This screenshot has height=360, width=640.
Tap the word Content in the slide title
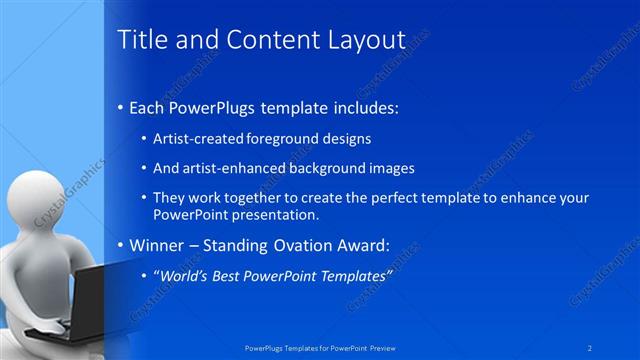[x=262, y=40]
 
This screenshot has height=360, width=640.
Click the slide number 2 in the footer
[x=591, y=347]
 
